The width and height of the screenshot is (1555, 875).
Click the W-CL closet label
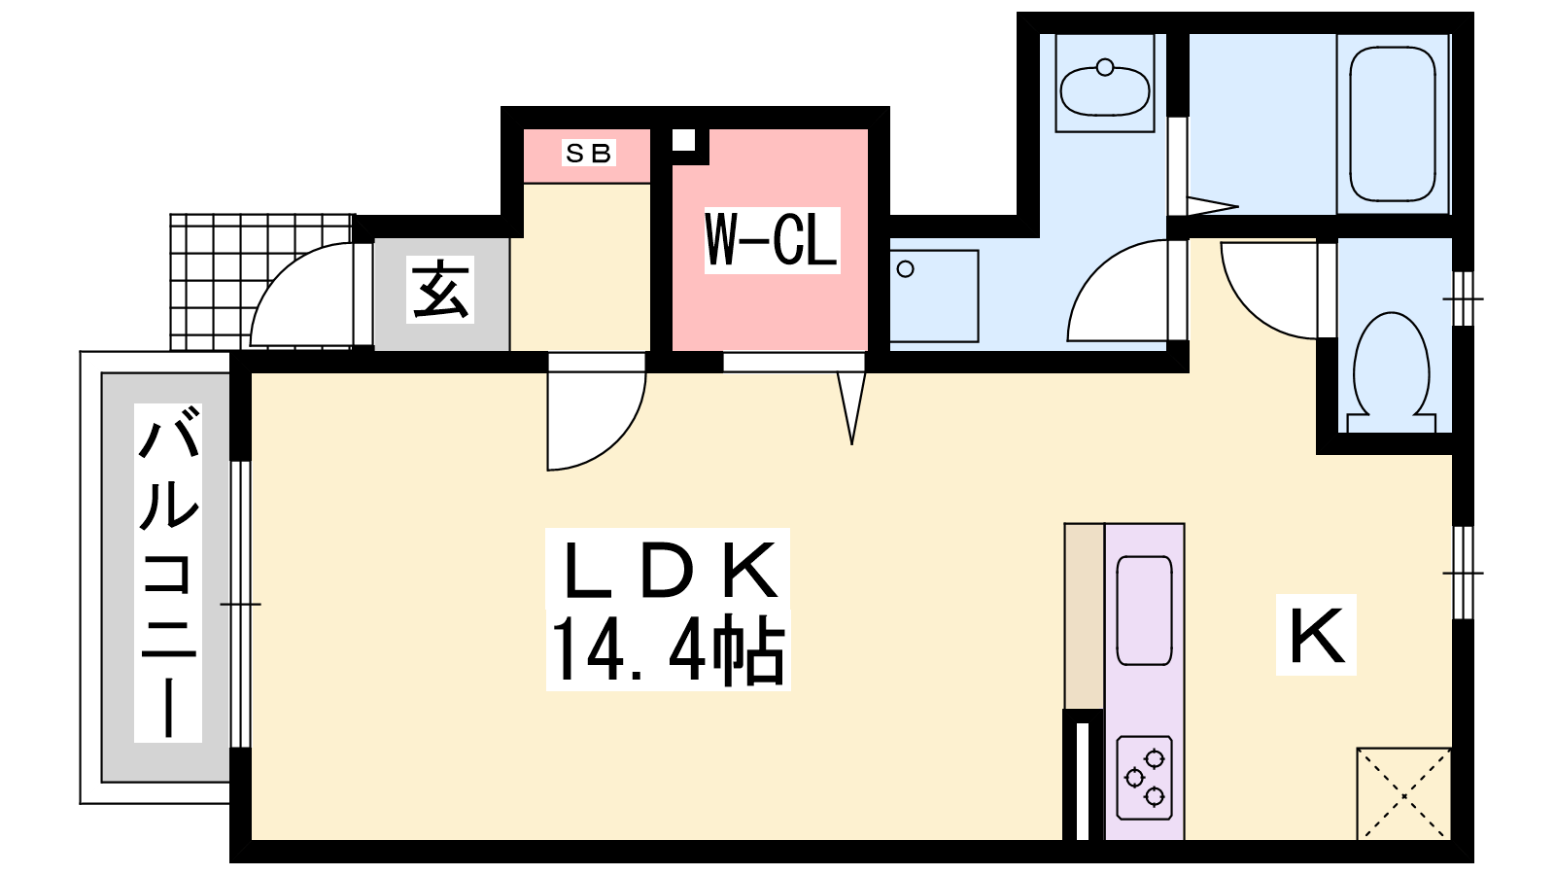(772, 240)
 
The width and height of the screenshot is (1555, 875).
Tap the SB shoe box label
(589, 153)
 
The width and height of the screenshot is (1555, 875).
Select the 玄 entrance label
(440, 290)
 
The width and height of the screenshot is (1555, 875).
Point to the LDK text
(669, 570)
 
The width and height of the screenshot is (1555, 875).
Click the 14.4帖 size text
(669, 650)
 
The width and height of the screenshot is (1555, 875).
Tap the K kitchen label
(1316, 635)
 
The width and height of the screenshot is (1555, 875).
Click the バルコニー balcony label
(168, 573)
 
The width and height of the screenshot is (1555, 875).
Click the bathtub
(1393, 123)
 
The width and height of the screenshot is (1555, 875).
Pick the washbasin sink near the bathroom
(1105, 89)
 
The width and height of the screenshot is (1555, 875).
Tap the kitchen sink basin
(1144, 611)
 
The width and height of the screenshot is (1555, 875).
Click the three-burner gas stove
(1145, 778)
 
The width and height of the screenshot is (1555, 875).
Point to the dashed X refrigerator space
(1403, 793)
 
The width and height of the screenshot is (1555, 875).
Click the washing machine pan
(934, 296)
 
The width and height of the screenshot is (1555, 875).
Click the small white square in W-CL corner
(684, 140)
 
